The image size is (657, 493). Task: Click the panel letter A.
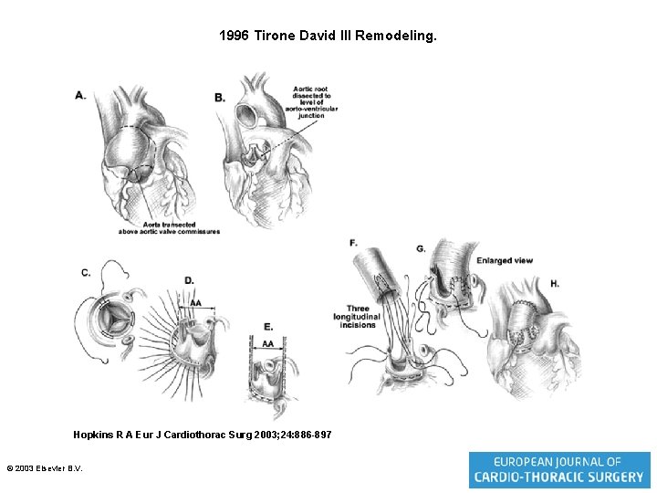80,95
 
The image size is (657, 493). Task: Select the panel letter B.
219,97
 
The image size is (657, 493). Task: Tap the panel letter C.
85,272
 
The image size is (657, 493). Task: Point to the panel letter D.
189,280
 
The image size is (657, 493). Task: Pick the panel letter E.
267,327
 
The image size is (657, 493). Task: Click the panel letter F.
353,242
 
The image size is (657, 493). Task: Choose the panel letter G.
420,248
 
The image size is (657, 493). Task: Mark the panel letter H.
555,284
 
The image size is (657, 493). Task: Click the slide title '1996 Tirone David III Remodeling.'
328,37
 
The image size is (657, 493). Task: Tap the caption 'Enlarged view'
504,261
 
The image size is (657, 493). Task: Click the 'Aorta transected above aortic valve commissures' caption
169,228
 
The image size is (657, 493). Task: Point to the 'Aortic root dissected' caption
311,101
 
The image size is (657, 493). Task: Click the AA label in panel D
195,303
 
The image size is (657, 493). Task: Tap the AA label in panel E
267,343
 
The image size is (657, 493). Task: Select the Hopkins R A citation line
202,435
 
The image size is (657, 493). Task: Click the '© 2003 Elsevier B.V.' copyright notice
44,468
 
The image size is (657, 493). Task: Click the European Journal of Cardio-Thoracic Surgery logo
558,469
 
